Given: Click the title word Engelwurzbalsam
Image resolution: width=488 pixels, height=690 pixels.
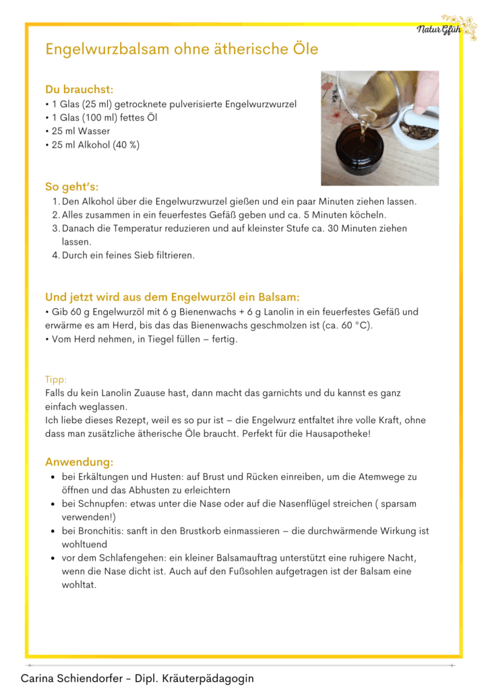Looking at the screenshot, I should [106, 50].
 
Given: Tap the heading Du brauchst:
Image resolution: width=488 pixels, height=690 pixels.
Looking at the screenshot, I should [79, 89].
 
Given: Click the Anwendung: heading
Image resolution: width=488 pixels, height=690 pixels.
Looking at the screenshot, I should [79, 462].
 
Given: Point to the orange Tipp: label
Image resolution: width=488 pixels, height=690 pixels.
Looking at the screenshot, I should [56, 379].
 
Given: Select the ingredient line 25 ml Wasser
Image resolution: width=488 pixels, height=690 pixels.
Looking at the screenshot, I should [80, 131].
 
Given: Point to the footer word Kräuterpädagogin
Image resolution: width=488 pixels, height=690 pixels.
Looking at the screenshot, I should [210, 679].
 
